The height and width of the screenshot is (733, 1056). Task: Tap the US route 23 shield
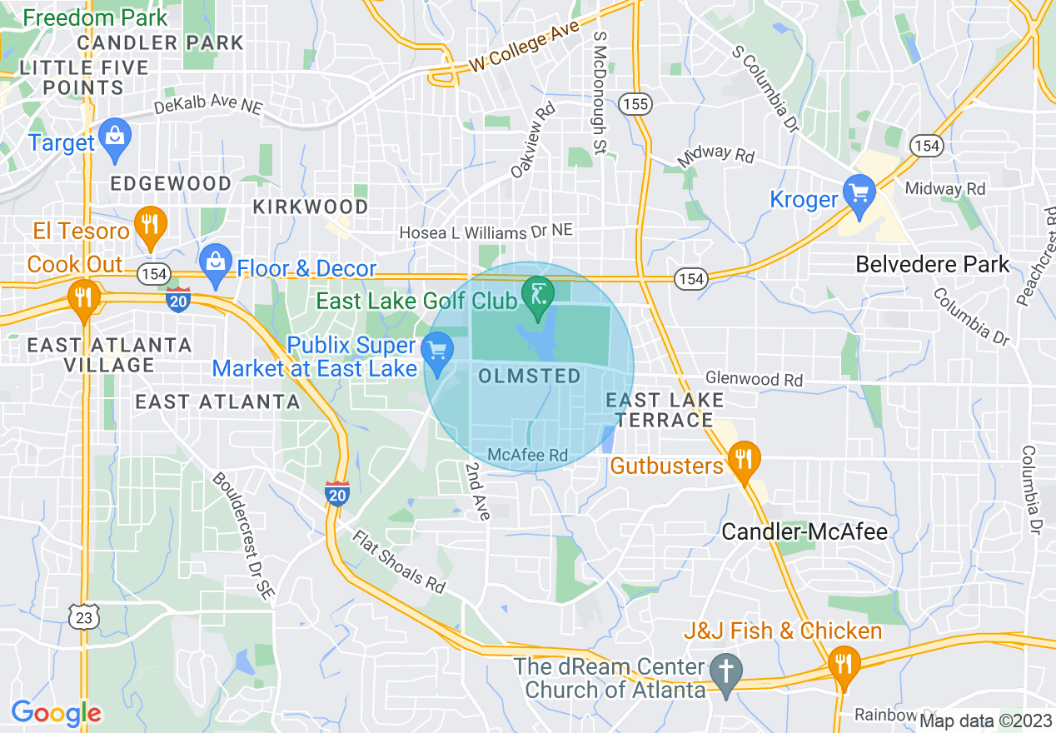(x=86, y=616)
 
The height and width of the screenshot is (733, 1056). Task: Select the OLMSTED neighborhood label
(x=530, y=376)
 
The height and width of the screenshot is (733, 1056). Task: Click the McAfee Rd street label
(x=527, y=455)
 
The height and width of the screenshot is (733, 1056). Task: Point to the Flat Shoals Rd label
(x=398, y=562)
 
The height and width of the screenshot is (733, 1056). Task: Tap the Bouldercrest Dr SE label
(x=242, y=536)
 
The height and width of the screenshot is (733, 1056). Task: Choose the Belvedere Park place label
(x=932, y=265)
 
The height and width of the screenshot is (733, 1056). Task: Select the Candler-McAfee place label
(x=804, y=531)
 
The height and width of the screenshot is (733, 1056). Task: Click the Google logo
(x=56, y=713)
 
